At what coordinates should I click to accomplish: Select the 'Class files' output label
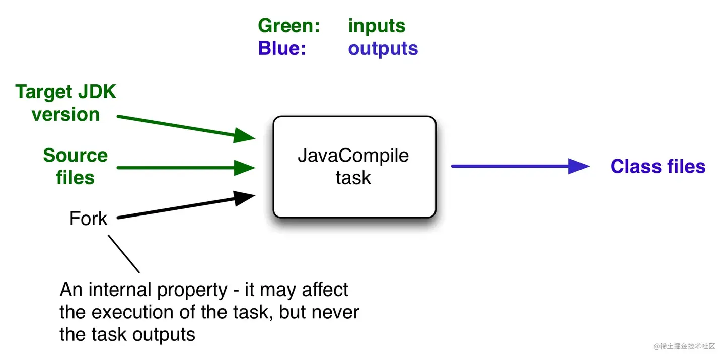pyautogui.click(x=658, y=167)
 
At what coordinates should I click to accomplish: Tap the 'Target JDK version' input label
pyautogui.click(x=65, y=103)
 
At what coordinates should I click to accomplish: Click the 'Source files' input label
pyautogui.click(x=75, y=166)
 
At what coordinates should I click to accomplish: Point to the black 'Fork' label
pyautogui.click(x=88, y=219)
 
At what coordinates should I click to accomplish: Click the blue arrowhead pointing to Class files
pyautogui.click(x=579, y=166)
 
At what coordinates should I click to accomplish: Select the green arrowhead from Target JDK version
pyautogui.click(x=246, y=135)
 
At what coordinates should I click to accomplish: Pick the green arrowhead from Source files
pyautogui.click(x=246, y=167)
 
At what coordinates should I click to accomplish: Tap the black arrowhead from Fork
pyautogui.click(x=246, y=198)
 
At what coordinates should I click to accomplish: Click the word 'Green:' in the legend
pyautogui.click(x=289, y=26)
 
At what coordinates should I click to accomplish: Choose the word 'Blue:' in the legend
pyautogui.click(x=282, y=48)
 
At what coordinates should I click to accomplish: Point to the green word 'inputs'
pyautogui.click(x=377, y=26)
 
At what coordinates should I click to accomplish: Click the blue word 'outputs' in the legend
pyautogui.click(x=383, y=48)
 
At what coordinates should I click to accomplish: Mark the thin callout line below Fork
pyautogui.click(x=124, y=254)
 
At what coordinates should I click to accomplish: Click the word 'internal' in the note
pyautogui.click(x=120, y=290)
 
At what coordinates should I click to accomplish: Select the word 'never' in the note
pyautogui.click(x=335, y=312)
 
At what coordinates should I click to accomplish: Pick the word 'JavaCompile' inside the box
pyautogui.click(x=353, y=155)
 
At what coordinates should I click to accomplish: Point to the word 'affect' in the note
pyautogui.click(x=325, y=290)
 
